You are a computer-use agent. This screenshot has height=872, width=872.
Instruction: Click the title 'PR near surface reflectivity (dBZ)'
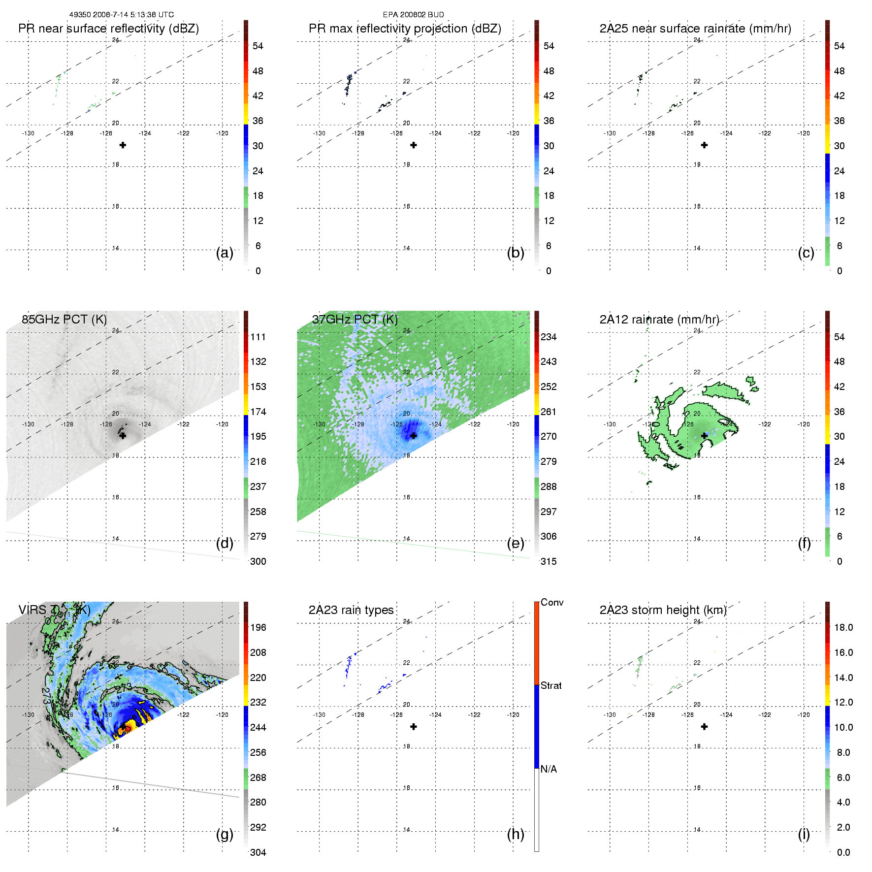coord(108,29)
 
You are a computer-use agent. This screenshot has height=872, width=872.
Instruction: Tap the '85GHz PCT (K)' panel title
coord(64,319)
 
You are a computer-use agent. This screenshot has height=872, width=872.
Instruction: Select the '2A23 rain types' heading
coord(351,610)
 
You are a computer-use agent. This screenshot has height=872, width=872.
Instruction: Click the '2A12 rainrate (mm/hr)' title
coord(659,319)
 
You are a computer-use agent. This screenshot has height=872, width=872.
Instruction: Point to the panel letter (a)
coord(225,253)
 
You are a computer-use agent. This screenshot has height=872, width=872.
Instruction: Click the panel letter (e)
coord(516,543)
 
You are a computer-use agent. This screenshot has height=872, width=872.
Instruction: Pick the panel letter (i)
coord(804,834)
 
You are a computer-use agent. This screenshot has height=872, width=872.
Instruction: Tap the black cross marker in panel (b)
coord(414,145)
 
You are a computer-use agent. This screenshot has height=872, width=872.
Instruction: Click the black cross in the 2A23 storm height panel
coord(705,727)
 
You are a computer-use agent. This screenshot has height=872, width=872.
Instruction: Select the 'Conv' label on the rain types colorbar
coord(552,602)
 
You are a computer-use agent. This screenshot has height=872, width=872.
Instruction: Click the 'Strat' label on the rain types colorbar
coord(551,685)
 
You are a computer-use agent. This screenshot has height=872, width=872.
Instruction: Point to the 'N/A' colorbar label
coord(549,769)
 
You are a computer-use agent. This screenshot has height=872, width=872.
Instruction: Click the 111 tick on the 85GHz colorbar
coord(258,337)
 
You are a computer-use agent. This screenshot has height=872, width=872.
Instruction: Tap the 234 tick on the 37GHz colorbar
coord(549,337)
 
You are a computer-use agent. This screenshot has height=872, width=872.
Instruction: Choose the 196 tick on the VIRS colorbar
coord(258,627)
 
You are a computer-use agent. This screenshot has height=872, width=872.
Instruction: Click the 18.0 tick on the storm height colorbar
coord(843,627)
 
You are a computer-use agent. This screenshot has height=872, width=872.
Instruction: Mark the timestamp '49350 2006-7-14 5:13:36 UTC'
coord(121,15)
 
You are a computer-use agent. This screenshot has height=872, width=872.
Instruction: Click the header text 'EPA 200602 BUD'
coord(413,15)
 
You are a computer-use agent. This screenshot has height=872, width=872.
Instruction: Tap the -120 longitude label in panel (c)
coord(804,133)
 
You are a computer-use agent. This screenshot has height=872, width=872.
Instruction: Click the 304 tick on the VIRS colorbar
coord(258,852)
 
